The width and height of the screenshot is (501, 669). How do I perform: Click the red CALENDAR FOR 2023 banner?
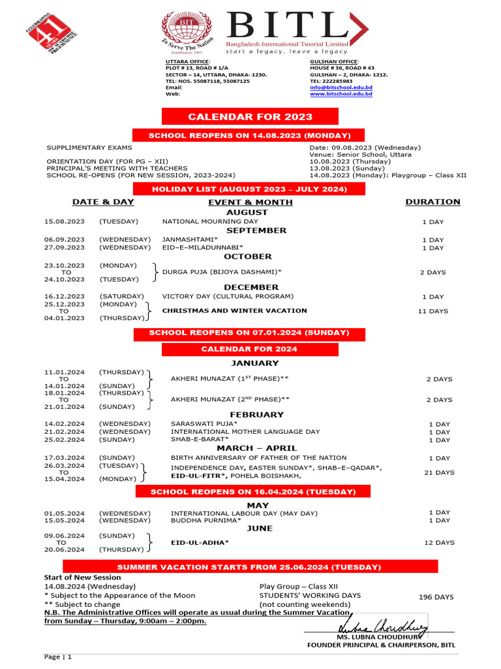(x=250, y=117)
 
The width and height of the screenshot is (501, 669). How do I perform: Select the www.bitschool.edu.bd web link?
(x=341, y=94)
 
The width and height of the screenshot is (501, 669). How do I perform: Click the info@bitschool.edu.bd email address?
(x=341, y=88)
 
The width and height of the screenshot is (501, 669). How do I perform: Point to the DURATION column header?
(x=433, y=202)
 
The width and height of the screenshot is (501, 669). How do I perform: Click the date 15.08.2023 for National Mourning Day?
(x=64, y=222)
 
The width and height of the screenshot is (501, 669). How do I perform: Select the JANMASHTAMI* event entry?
(x=190, y=240)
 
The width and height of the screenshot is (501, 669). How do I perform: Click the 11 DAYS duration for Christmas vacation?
(x=433, y=311)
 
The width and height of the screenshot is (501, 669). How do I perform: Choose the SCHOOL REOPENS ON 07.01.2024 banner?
(x=249, y=333)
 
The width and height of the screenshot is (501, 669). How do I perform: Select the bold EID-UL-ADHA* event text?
(x=200, y=542)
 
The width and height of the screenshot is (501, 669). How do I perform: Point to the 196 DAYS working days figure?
(x=436, y=597)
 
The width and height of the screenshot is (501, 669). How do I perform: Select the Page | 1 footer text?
(x=58, y=656)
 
